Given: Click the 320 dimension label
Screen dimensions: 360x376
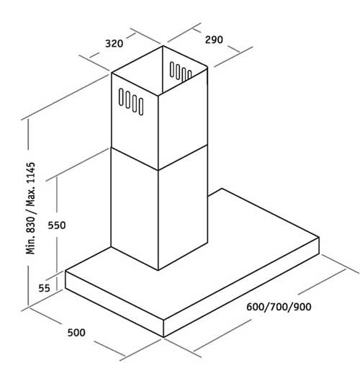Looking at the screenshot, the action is tap(114, 43).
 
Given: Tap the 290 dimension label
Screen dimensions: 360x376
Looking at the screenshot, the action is tap(214, 40).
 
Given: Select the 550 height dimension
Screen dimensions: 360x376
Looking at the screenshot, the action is tap(57, 225).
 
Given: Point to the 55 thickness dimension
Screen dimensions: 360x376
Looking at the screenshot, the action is tap(44, 288).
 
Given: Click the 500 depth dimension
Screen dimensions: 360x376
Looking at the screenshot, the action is tap(76, 333).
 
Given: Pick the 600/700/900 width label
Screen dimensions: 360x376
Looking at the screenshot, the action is tap(279, 307).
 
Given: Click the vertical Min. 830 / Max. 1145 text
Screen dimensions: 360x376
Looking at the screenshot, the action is tap(30, 208).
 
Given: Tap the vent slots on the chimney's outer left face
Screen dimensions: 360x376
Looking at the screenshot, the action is tap(131, 102).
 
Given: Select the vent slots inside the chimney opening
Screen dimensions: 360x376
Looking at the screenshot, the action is tap(181, 71).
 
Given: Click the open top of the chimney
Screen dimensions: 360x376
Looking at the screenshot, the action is tap(160, 70).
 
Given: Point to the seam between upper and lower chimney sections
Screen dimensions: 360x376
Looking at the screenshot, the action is tap(158, 158).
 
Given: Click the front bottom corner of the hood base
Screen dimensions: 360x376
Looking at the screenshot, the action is tap(163, 337).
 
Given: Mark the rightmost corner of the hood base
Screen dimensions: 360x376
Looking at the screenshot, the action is tap(319, 238).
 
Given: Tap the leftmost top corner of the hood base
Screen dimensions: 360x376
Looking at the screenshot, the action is tap(66, 272).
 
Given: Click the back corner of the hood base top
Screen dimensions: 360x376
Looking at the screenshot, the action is tap(222, 189).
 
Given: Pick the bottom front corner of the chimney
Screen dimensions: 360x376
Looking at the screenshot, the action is tap(158, 270).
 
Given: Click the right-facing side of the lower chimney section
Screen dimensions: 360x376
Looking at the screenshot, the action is tap(183, 207).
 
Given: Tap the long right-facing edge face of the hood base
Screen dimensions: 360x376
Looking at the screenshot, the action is tap(241, 287).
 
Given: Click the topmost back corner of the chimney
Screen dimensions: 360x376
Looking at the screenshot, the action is tap(163, 46).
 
